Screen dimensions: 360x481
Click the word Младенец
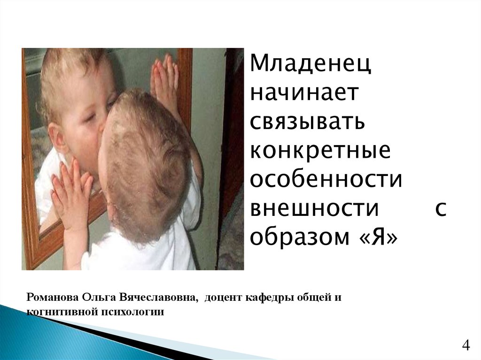(x=310, y=64)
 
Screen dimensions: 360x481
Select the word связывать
(x=307, y=122)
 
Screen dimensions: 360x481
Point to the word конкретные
(x=320, y=151)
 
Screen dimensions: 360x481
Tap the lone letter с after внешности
(x=440, y=209)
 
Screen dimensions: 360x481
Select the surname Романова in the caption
(x=53, y=298)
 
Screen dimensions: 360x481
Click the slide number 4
(x=465, y=346)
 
